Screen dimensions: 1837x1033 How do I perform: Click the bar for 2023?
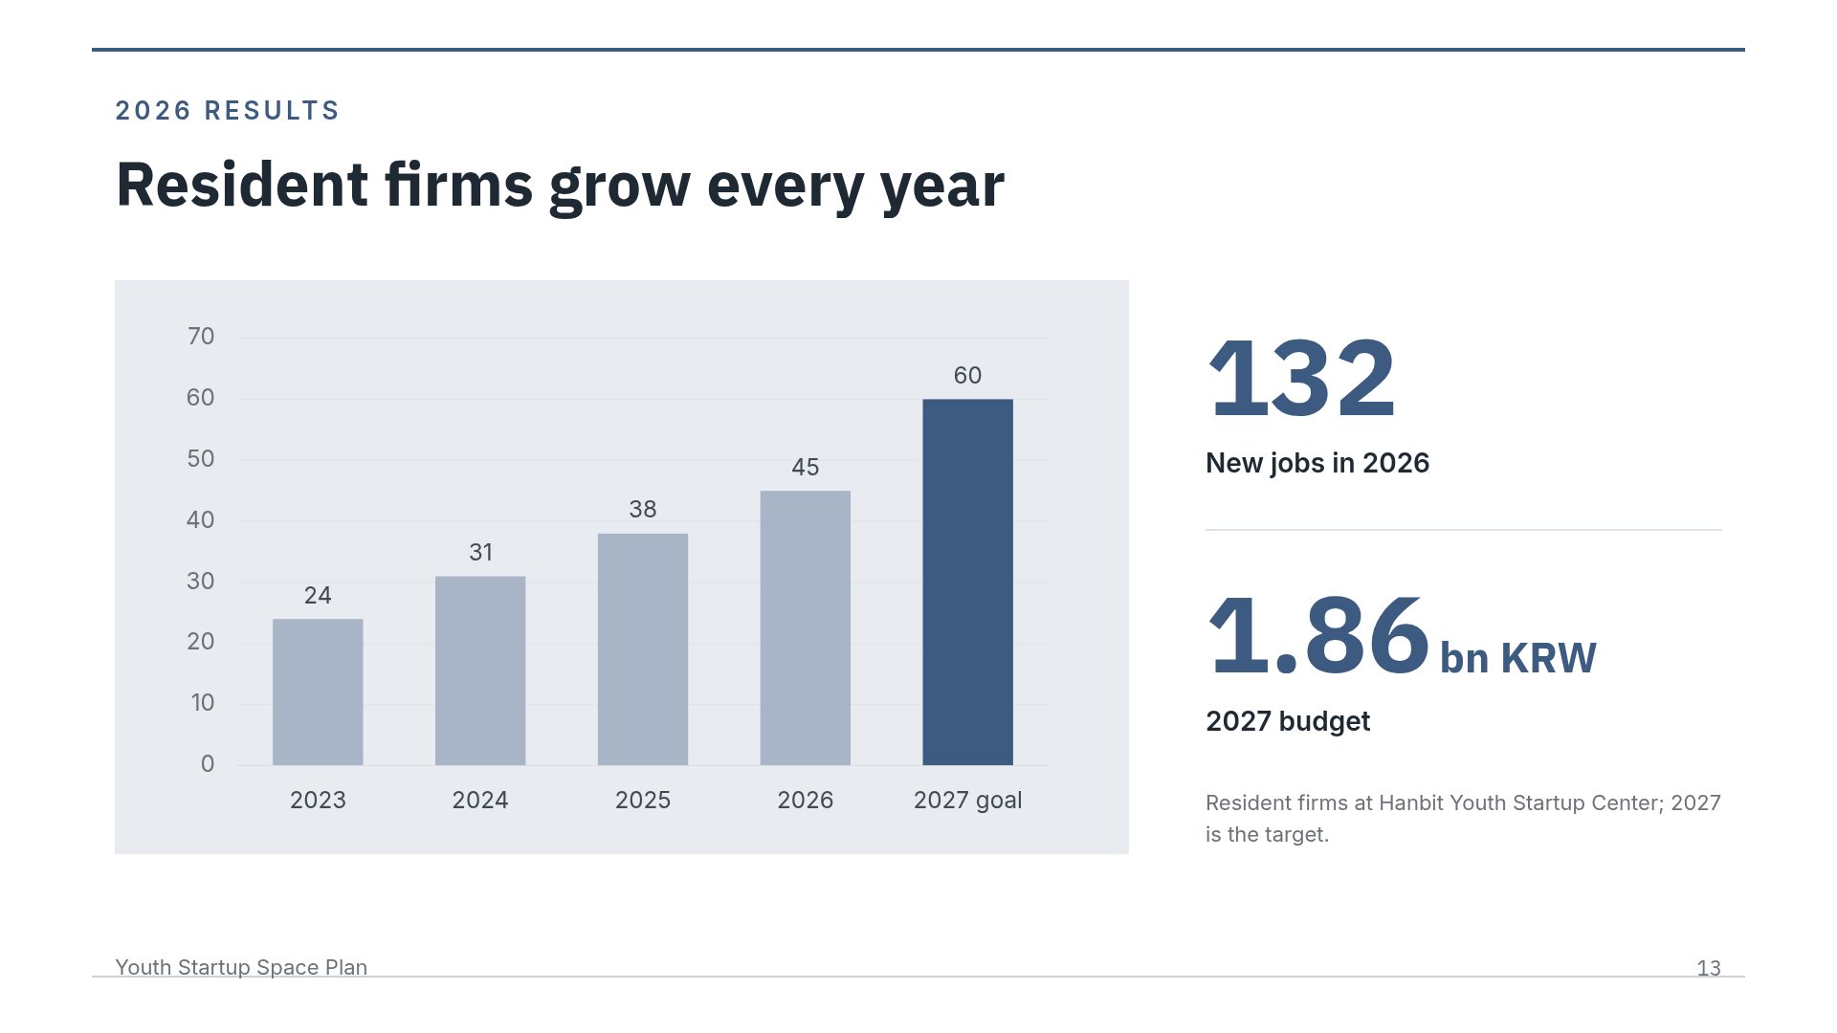[x=318, y=692]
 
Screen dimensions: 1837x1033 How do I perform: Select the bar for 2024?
[x=480, y=670]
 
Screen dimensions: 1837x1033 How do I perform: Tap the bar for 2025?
[x=643, y=649]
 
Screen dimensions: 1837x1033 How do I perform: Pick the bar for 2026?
[x=806, y=627]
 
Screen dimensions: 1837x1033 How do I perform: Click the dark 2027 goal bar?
[x=967, y=582]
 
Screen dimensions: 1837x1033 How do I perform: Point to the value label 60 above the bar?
[x=967, y=375]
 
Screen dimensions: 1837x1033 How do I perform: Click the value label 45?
[x=806, y=467]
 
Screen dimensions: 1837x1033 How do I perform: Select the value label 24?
[x=318, y=595]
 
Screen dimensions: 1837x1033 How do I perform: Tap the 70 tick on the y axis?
[x=201, y=337]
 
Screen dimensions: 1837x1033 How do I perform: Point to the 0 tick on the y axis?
[x=208, y=763]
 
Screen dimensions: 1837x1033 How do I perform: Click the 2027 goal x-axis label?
[x=967, y=800]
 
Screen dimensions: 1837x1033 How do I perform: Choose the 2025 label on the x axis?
[x=643, y=800]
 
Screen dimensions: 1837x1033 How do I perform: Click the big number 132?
[x=1302, y=379]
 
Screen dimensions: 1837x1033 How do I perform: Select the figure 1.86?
[x=1318, y=635]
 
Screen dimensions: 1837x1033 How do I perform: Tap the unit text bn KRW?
[x=1518, y=658]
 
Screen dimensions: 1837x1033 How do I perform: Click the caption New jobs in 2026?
[x=1317, y=463]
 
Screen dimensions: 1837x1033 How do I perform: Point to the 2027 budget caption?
[x=1288, y=721]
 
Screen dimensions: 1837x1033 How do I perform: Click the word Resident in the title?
[x=242, y=185]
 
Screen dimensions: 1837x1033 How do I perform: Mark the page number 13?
[x=1709, y=968]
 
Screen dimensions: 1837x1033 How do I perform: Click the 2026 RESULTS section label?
[x=228, y=111]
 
